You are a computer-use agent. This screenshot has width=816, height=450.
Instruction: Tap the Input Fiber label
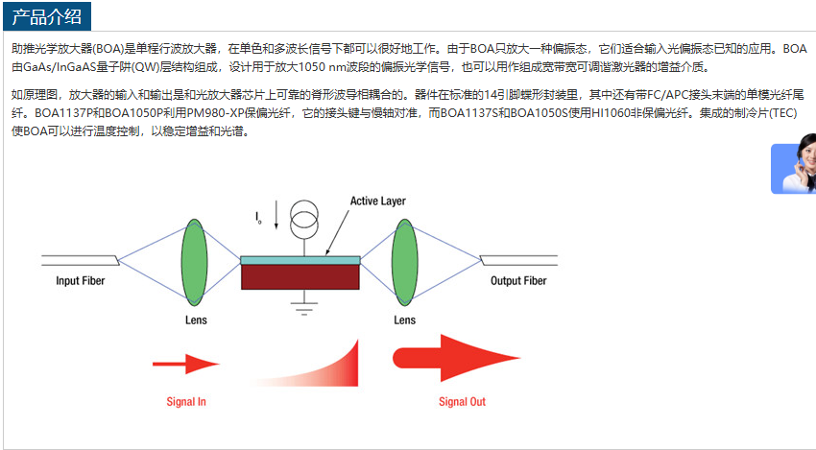(x=80, y=281)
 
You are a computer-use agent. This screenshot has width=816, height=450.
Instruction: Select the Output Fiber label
(x=518, y=281)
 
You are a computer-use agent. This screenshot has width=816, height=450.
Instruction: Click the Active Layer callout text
(x=377, y=201)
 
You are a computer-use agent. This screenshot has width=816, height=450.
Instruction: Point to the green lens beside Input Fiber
(x=194, y=261)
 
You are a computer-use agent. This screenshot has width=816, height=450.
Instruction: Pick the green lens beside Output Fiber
(x=404, y=261)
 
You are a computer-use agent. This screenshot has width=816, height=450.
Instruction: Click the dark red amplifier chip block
(x=300, y=277)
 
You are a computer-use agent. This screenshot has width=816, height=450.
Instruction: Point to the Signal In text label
(x=186, y=402)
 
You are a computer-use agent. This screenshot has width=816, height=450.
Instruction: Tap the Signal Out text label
(x=462, y=402)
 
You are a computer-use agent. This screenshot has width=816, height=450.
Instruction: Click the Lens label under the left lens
(x=195, y=320)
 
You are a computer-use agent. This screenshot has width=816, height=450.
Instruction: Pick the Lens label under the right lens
(x=404, y=320)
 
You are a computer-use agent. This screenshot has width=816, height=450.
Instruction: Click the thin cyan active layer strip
(x=300, y=260)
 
